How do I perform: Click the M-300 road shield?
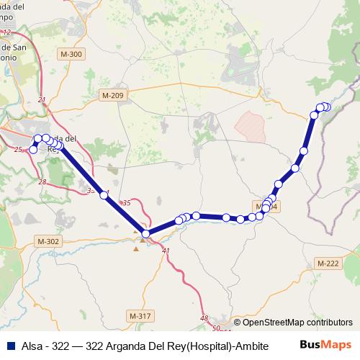[x=72, y=54]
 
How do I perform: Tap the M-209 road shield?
[x=113, y=95]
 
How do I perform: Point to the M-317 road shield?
[x=140, y=315]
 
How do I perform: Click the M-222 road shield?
[x=328, y=265]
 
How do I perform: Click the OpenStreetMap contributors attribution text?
[x=293, y=322]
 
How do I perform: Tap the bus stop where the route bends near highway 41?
[x=146, y=233]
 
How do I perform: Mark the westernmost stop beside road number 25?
[x=32, y=150]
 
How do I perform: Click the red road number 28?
[x=42, y=181]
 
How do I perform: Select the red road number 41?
[x=166, y=251]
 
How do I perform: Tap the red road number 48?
[x=204, y=318]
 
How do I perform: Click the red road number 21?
[x=41, y=100]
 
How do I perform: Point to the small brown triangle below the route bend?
[x=136, y=249]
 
